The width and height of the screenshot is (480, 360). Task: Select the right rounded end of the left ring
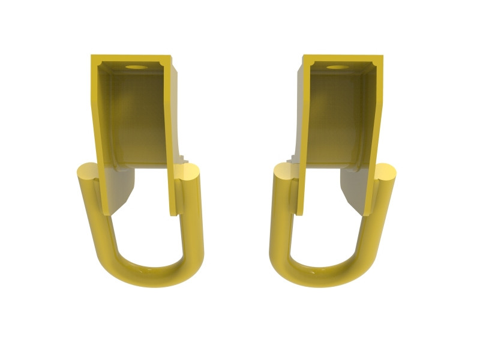[190, 174]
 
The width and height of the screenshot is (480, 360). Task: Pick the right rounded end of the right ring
[386, 173]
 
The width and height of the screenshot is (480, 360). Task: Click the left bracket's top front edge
[131, 59]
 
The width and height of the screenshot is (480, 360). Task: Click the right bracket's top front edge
[343, 59]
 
